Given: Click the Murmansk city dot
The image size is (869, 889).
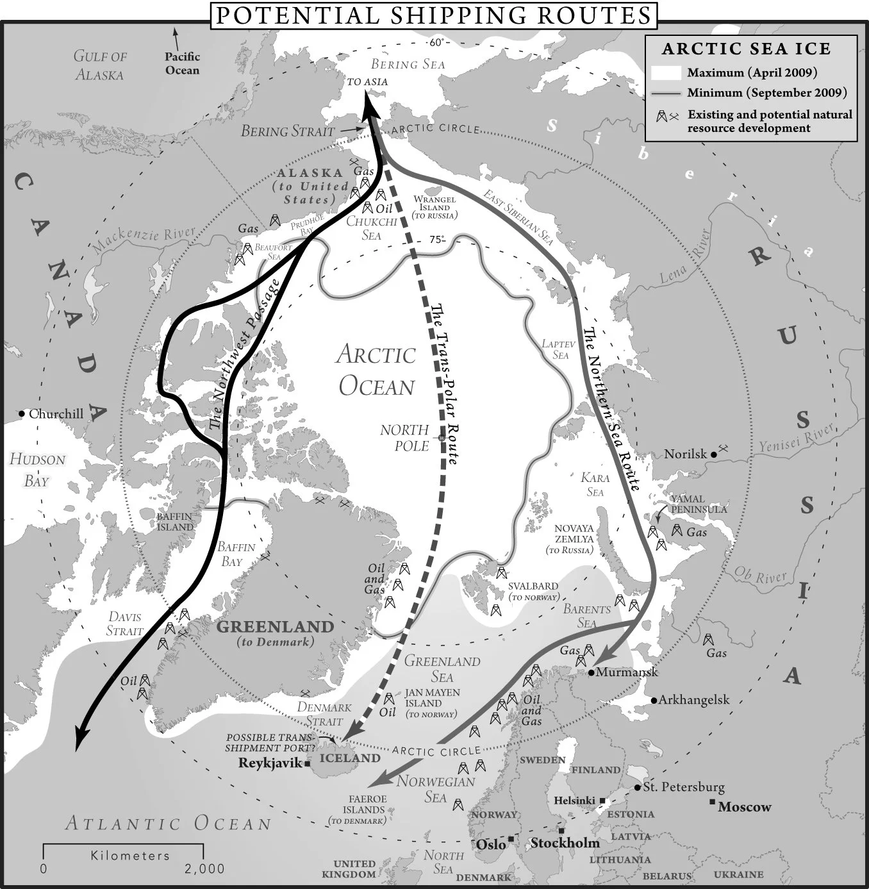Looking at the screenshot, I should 591,672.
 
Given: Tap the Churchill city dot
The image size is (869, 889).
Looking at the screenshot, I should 22,414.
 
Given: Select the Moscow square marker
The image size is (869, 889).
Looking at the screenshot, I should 712,802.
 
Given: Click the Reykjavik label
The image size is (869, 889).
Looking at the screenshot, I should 269,763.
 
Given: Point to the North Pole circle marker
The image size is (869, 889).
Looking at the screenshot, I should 441,438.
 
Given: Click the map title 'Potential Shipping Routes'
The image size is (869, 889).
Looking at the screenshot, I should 433,15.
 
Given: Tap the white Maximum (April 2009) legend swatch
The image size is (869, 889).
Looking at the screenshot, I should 665,72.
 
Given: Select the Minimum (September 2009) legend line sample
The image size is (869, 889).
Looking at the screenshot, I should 665,93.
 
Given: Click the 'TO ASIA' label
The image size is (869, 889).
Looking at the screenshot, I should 367,82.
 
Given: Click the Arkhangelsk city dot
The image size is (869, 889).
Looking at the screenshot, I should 654,700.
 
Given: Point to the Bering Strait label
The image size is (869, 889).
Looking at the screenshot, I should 288,131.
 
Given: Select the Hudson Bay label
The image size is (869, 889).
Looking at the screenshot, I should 37,470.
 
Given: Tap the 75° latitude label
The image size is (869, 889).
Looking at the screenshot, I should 436,240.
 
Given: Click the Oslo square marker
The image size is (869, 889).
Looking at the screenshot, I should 511,839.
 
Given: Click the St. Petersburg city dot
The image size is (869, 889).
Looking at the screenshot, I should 638,787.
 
